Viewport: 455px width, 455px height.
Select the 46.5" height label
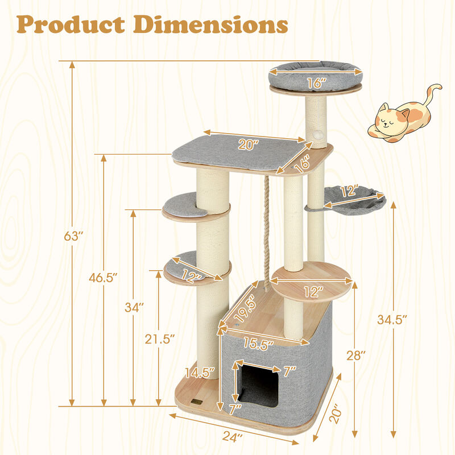coord(102,278)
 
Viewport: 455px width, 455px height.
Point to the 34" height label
coord(134,307)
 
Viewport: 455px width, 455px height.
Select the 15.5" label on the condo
coord(259,344)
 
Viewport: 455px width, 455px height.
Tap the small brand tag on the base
coord(197,401)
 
